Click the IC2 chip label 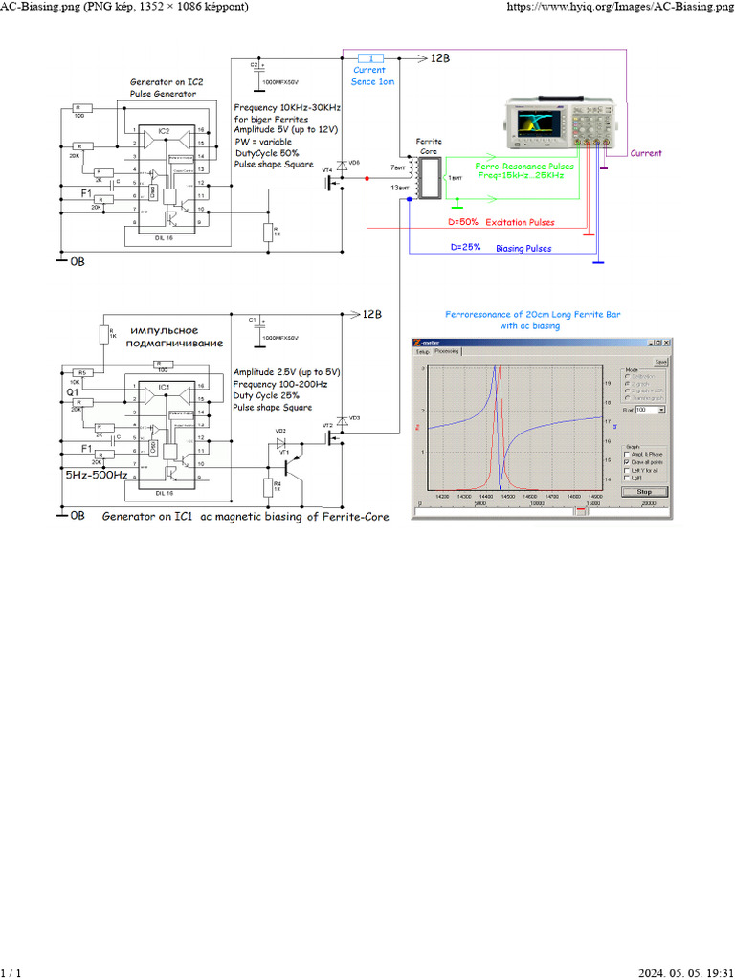click(164, 130)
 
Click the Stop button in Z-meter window click(644, 491)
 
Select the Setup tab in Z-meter click(422, 352)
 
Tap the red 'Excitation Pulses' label click(520, 222)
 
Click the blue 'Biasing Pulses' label click(523, 248)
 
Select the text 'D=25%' click(465, 247)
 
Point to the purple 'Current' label click(646, 153)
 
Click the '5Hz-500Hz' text click(96, 475)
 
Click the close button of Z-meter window click(668, 343)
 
